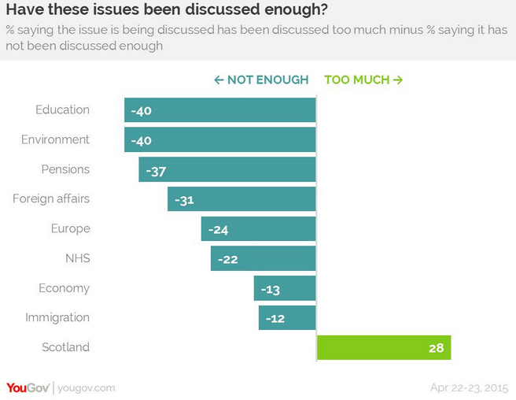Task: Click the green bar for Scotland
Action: (383, 347)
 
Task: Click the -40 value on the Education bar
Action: (141, 110)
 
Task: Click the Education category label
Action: (63, 109)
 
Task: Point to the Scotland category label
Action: (66, 347)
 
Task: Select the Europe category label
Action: (71, 228)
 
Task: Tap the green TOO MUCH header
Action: (363, 80)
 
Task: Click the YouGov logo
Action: (28, 387)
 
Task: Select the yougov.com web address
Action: (86, 388)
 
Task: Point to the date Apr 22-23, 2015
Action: (469, 388)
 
